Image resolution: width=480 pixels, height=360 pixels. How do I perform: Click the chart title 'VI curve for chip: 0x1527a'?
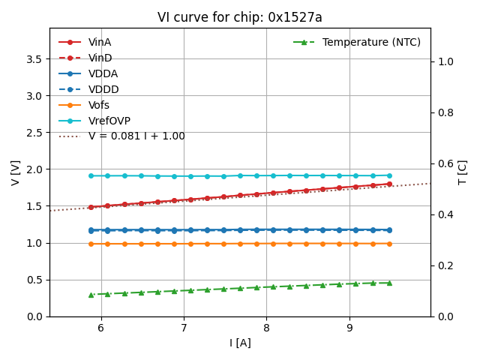point(239,17)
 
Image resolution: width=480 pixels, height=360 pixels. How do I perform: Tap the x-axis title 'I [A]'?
point(240,343)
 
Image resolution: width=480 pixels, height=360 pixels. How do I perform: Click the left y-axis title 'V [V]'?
point(16,172)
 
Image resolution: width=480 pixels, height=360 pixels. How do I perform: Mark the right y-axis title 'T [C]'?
point(463,172)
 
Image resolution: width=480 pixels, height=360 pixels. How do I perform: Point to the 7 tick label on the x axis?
point(184,328)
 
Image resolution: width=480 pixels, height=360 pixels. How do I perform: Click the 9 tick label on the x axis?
point(349,328)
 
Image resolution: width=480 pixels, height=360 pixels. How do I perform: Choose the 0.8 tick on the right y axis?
point(445,112)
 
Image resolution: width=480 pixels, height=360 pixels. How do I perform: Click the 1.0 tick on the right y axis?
point(445,61)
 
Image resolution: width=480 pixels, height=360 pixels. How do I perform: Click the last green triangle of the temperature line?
point(389,283)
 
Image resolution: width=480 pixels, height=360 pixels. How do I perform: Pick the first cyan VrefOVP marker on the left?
point(91,175)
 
